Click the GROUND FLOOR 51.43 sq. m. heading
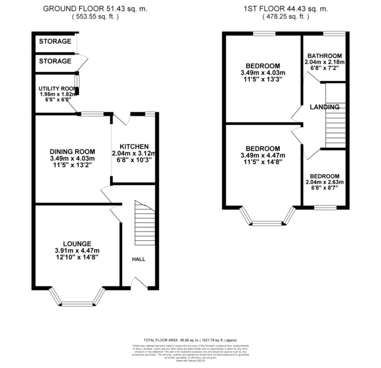[x=95, y=9]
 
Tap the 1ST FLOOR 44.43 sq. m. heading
[x=286, y=9]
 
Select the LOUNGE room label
[x=77, y=244]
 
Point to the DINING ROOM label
[x=72, y=152]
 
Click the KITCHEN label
[x=134, y=147]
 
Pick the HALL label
[x=138, y=259]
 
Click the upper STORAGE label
[x=55, y=42]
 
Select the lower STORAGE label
[x=55, y=61]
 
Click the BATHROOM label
[x=325, y=56]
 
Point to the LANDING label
[x=325, y=107]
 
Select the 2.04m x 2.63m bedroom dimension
[x=325, y=182]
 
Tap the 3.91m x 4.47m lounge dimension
[x=77, y=251]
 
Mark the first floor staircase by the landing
[x=335, y=124]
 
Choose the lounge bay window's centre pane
[x=77, y=304]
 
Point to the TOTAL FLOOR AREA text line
[x=190, y=340]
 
